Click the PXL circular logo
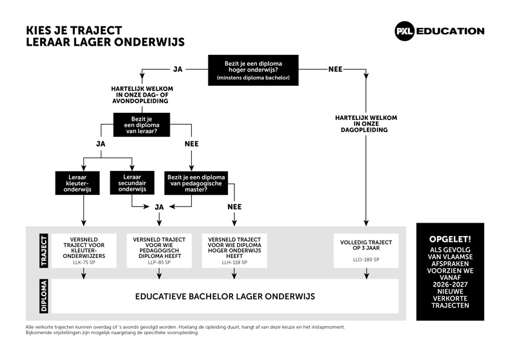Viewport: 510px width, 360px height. pos(404,31)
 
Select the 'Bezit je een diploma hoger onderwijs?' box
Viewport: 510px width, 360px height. pos(253,70)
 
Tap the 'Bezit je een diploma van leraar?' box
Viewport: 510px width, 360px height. pos(141,125)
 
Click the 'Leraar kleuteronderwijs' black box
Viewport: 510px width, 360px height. pos(77,183)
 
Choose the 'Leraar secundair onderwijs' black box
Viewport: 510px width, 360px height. pos(132,183)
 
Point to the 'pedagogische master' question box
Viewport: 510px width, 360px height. pos(196,183)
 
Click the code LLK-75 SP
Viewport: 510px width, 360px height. pos(84,263)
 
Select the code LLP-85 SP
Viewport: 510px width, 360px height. pos(159,263)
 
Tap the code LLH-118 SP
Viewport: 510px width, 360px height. pos(234,263)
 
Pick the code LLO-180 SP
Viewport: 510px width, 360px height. pos(366,259)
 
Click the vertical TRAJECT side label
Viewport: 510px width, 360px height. pos(44,250)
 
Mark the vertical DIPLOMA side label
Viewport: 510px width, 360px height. pos(44,296)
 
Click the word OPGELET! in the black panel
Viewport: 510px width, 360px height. pos(450,239)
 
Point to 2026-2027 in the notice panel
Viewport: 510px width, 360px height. pos(450,285)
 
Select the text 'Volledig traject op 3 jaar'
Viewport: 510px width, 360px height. pos(366,245)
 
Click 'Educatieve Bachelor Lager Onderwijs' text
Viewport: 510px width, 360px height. pos(225,296)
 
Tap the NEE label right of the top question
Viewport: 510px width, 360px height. pos(335,69)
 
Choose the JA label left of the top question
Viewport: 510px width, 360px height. pos(178,69)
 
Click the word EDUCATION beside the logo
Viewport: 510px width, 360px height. pos(450,31)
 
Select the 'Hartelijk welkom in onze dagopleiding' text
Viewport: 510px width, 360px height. pos(366,124)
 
